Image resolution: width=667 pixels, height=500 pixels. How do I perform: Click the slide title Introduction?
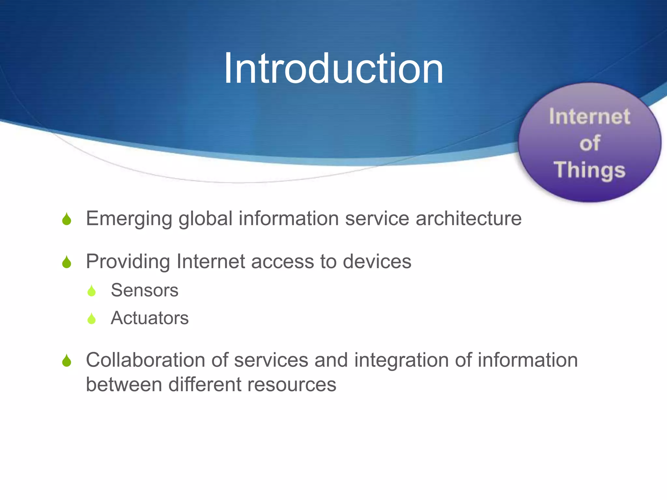click(x=333, y=69)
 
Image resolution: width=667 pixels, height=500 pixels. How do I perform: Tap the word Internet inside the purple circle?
click(x=589, y=116)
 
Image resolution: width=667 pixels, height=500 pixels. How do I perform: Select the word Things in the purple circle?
click(x=589, y=170)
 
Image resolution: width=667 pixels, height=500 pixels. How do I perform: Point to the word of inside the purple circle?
click(x=589, y=143)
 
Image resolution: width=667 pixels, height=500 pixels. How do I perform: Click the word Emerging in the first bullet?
click(x=129, y=219)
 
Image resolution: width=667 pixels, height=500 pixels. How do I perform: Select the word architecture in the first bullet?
click(x=469, y=218)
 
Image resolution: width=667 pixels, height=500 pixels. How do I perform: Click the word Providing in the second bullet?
click(x=128, y=262)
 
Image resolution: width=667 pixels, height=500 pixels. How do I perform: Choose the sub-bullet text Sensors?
click(x=145, y=290)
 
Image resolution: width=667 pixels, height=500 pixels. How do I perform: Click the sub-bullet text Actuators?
click(x=149, y=318)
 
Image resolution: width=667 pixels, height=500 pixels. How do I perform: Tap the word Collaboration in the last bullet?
click(x=145, y=360)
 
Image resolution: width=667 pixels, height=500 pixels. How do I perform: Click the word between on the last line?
click(x=124, y=384)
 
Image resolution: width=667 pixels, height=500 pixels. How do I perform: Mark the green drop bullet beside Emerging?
click(x=67, y=219)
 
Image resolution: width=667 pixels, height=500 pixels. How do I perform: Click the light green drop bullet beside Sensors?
click(x=92, y=291)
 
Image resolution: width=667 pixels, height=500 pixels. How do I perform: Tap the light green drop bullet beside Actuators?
click(x=92, y=319)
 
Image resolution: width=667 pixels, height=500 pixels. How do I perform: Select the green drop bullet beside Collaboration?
click(x=67, y=361)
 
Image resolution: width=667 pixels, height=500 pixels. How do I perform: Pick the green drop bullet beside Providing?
click(x=67, y=262)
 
